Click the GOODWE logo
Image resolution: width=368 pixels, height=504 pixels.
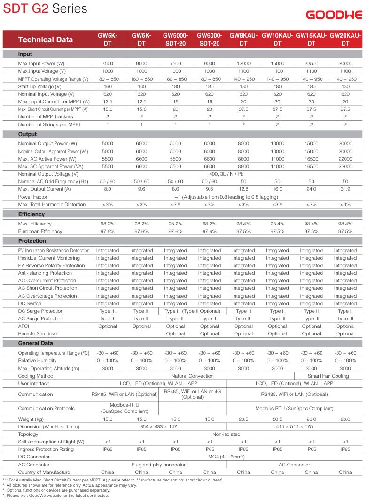[x=334, y=15]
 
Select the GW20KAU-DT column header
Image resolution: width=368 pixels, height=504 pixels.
[x=345, y=39]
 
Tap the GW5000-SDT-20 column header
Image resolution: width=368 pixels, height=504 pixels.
[x=175, y=39]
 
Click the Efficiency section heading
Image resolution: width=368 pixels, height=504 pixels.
[x=32, y=214]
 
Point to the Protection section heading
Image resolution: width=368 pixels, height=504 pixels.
[x=32, y=241]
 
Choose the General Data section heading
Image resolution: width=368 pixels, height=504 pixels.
[x=35, y=343]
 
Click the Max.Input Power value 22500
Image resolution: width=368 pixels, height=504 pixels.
[x=311, y=63]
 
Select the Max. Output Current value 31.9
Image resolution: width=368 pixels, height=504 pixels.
[x=345, y=189]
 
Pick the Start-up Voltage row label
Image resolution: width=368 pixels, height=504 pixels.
[x=40, y=86]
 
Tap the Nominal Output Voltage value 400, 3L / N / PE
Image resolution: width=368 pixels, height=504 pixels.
[x=227, y=174]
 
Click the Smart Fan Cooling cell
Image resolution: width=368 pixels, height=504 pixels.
[x=329, y=376]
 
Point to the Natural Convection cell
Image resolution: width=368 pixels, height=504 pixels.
[x=193, y=376]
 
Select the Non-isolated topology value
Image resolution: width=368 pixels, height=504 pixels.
[x=227, y=434]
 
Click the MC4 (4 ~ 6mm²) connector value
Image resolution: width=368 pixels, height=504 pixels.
[x=227, y=457]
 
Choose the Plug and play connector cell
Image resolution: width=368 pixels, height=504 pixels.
[x=158, y=465]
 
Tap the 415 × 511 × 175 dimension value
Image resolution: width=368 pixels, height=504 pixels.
[x=294, y=426]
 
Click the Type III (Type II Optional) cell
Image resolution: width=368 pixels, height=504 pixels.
[x=193, y=311]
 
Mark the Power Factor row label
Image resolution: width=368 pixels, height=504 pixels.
[x=33, y=197]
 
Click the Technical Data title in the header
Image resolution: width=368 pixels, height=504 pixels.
[x=46, y=39]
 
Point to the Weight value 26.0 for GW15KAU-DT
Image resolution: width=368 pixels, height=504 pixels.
[x=311, y=419]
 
